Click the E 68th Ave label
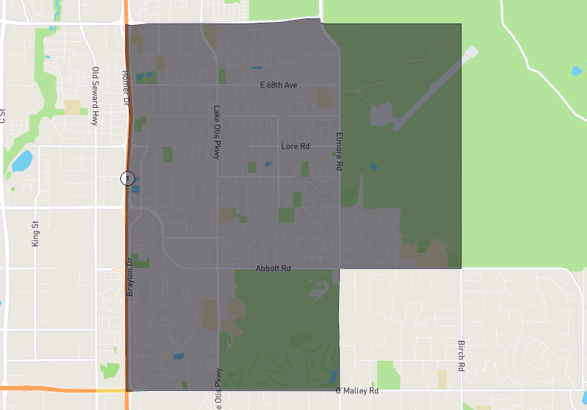click(x=278, y=85)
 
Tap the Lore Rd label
click(x=295, y=146)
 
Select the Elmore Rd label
click(x=339, y=152)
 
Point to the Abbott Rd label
click(x=273, y=269)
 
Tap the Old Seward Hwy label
click(x=95, y=96)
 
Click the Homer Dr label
click(x=125, y=87)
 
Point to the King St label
click(x=34, y=233)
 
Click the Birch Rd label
click(x=461, y=356)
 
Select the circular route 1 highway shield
click(x=128, y=179)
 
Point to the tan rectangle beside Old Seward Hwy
click(x=72, y=107)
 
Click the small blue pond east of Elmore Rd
click(x=374, y=167)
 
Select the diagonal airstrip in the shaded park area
click(x=433, y=88)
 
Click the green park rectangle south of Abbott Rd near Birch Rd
click(x=388, y=374)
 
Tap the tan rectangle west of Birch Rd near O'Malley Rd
click(x=442, y=379)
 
